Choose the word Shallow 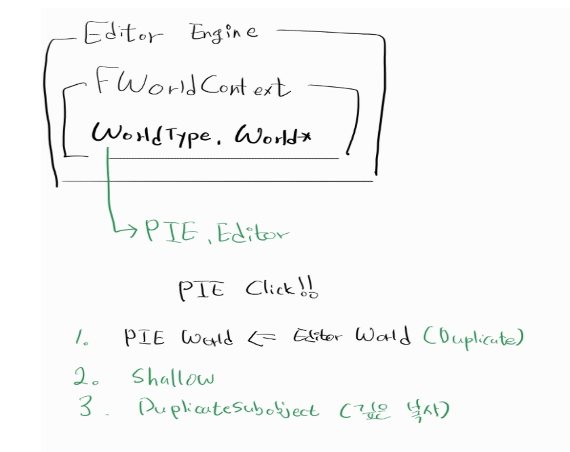point(173,376)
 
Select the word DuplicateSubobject point(227,409)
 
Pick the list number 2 point(83,376)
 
